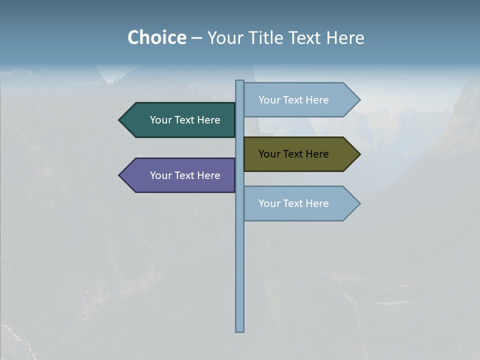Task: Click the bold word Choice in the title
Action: click(x=156, y=37)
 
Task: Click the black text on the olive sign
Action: click(x=293, y=154)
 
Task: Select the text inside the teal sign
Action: click(x=185, y=120)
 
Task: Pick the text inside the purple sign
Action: click(x=185, y=175)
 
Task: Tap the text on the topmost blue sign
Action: click(x=293, y=100)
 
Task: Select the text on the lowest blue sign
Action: click(x=293, y=203)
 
